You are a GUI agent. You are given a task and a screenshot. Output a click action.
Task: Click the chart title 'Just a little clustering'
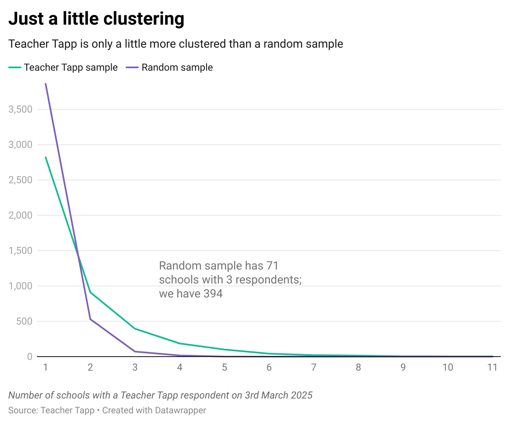96,19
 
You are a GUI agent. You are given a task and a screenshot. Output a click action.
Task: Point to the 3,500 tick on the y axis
21,109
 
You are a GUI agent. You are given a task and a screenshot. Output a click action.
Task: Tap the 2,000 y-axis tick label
21,215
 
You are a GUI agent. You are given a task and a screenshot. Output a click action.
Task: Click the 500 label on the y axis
24,321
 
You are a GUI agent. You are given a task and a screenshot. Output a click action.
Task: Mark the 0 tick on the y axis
30,357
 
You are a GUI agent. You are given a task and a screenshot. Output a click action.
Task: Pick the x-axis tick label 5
225,367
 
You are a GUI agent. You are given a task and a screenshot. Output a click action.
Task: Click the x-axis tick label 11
492,367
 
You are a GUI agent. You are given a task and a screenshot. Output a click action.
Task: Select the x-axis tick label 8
358,367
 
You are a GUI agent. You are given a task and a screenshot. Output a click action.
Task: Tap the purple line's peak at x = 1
46,84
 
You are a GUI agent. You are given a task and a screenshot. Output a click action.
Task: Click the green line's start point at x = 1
46,157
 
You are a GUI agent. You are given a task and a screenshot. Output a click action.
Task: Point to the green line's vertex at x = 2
90,293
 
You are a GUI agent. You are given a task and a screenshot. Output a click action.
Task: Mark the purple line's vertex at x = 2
90,319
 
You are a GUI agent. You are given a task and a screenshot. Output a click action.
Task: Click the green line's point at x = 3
135,329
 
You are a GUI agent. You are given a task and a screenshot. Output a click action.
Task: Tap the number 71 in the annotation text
272,266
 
